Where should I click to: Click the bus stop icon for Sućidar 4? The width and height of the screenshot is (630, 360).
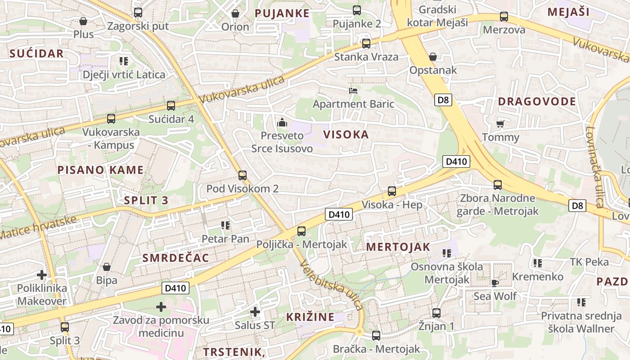(x=171, y=106)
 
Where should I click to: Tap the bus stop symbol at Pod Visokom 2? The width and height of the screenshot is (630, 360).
(x=243, y=175)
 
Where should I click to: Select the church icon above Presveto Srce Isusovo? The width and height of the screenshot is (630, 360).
(x=282, y=122)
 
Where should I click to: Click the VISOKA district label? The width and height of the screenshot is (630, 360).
(x=346, y=135)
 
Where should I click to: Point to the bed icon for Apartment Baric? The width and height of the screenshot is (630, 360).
(x=353, y=90)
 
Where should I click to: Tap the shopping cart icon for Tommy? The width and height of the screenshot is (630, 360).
(x=500, y=124)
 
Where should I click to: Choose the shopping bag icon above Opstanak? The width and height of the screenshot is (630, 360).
(x=432, y=57)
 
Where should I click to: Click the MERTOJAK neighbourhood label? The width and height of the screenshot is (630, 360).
(x=398, y=247)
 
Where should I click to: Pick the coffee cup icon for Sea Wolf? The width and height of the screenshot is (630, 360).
(x=495, y=283)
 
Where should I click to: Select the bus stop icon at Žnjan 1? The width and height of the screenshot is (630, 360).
(x=436, y=313)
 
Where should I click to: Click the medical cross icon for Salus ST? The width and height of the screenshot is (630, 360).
(x=255, y=311)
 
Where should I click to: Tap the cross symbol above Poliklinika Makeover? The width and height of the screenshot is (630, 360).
(x=42, y=274)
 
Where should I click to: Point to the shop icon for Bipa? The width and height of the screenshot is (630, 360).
(x=107, y=267)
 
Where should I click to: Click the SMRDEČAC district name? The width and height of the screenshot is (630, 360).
(x=175, y=258)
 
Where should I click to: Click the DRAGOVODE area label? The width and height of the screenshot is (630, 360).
(x=537, y=102)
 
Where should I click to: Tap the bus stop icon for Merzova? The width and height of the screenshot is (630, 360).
(x=504, y=17)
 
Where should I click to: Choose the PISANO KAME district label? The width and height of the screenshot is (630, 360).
(x=100, y=170)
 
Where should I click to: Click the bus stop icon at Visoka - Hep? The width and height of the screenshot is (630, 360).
(x=392, y=191)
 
